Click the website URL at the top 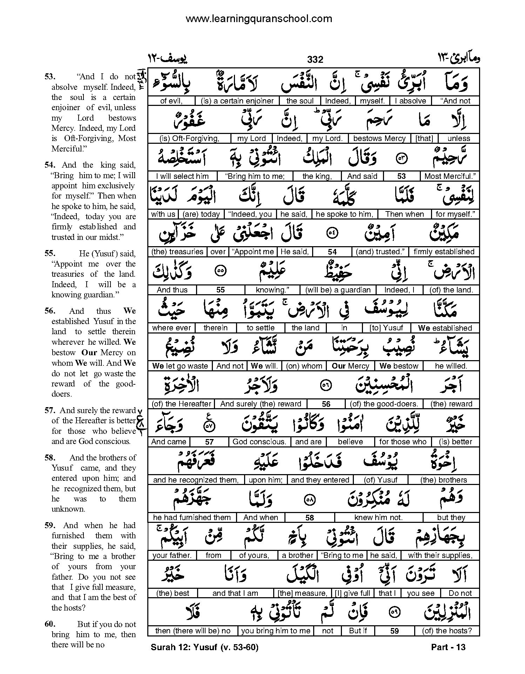[x=258, y=19]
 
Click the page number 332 [x=315, y=60]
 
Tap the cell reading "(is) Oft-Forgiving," [x=189, y=139]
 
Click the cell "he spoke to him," [x=344, y=214]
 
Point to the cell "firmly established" [x=444, y=252]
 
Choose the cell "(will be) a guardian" [x=338, y=290]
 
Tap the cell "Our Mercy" [x=350, y=366]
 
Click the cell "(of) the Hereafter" [x=181, y=404]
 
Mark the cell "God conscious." [x=259, y=442]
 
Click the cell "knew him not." [x=378, y=518]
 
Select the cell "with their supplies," [x=440, y=555]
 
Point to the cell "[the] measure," [x=302, y=593]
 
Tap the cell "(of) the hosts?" [x=447, y=631]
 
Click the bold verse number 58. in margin [x=49, y=458]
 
